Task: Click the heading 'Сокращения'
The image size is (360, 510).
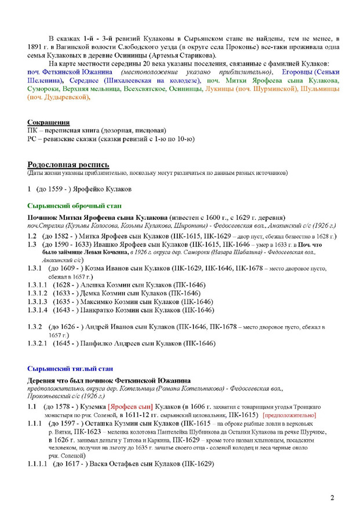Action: tap(49, 122)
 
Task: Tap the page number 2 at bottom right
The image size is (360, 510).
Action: tap(332, 498)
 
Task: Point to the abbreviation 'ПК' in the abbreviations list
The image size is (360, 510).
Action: tap(32, 131)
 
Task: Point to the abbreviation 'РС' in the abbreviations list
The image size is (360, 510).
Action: tap(32, 139)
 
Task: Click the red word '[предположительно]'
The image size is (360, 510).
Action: tap(292, 415)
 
